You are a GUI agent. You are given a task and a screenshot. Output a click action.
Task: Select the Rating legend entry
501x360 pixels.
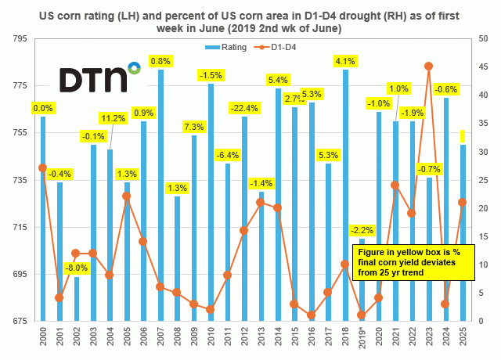point(218,48)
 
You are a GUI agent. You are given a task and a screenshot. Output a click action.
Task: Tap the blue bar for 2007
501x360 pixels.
point(160,196)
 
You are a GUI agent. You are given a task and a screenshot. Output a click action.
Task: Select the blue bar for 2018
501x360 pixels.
point(345,196)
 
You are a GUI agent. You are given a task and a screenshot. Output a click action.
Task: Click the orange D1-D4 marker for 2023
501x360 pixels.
point(429,66)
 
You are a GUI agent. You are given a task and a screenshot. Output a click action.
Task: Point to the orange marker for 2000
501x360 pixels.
point(42,168)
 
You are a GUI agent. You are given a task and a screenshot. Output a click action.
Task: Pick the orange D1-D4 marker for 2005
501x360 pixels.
point(126,196)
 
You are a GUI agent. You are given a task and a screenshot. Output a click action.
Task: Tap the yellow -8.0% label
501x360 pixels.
point(77,268)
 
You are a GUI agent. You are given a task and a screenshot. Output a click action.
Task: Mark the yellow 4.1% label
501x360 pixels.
point(345,61)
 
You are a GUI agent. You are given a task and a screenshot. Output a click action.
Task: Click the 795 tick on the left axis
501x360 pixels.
point(20,38)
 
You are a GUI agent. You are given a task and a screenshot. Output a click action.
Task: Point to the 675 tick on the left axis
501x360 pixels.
point(20,322)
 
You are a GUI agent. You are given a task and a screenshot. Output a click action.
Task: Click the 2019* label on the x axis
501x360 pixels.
point(362,340)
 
